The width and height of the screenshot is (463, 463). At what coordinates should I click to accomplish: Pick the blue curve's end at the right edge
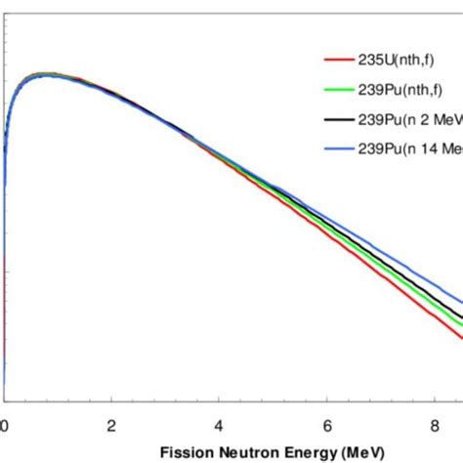click(x=461, y=302)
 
